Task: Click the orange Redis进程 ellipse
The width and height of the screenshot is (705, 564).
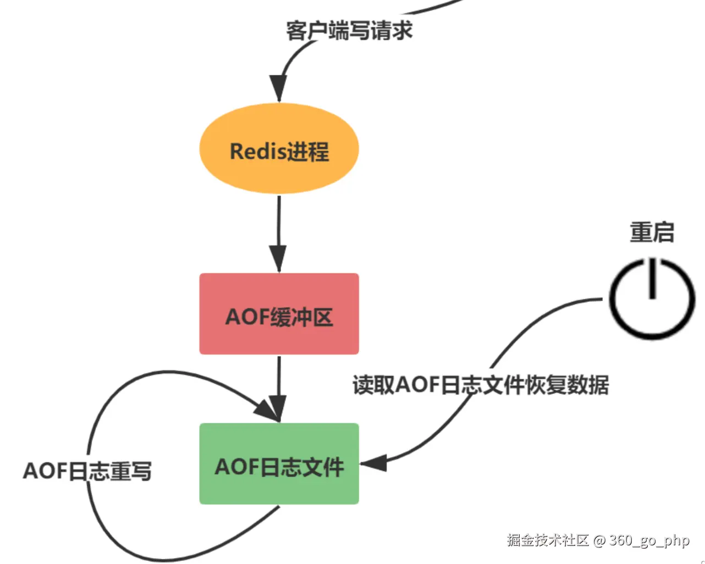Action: pos(279,149)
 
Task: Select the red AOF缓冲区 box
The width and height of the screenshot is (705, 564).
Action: pos(279,314)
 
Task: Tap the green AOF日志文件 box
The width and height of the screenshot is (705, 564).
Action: pos(279,463)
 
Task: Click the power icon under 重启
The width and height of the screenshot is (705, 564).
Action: pos(652,298)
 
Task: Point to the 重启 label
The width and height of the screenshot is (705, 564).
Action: pos(652,232)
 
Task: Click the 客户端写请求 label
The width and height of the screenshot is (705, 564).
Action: pos(349,30)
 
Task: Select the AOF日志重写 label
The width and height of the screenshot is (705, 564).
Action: pos(87,471)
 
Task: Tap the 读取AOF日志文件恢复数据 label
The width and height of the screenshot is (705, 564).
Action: pos(481,385)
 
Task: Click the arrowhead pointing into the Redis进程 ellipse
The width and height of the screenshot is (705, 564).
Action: pos(278,88)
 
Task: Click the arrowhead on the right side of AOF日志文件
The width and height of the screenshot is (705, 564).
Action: pos(374,463)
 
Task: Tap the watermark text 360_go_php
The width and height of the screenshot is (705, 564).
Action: pos(649,540)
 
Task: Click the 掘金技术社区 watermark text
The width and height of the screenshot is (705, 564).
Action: pos(548,540)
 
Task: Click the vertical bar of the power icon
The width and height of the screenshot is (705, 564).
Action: pos(652,278)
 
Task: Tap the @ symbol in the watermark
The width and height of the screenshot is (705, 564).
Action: pos(599,540)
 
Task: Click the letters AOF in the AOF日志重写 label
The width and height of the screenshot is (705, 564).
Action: pos(44,471)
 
